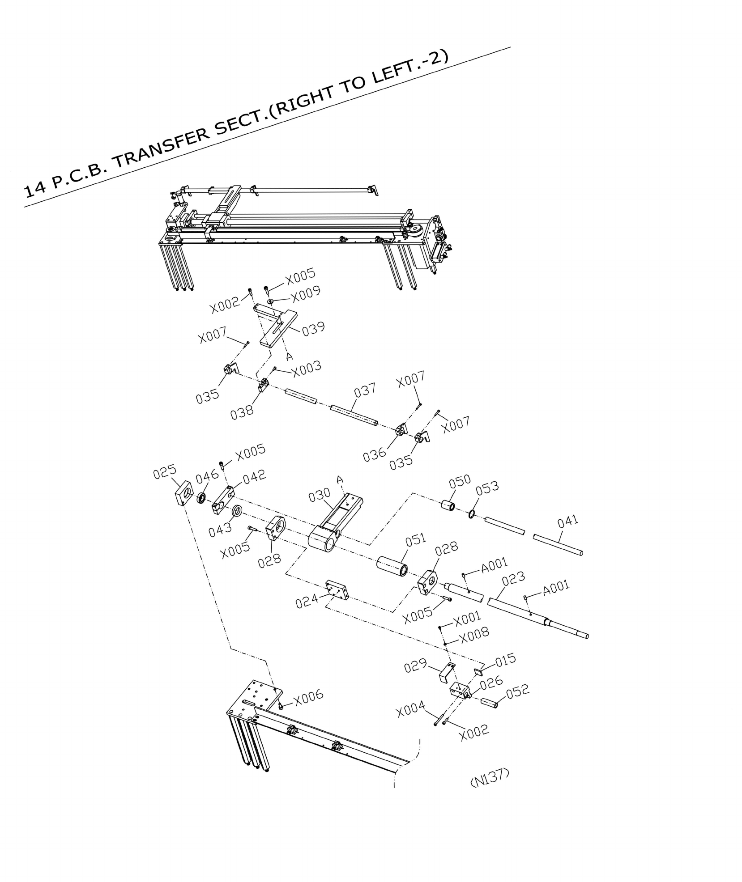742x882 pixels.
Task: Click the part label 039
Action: click(x=313, y=328)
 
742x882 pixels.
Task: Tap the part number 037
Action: click(x=365, y=390)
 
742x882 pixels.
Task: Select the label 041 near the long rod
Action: click(x=568, y=522)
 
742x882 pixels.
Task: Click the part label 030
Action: click(x=320, y=495)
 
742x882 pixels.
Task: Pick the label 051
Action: click(x=416, y=540)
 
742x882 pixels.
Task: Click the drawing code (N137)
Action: click(x=490, y=778)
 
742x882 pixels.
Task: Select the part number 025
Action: click(x=164, y=472)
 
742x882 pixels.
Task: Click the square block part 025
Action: click(x=184, y=493)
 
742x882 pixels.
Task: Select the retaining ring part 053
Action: click(x=472, y=514)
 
